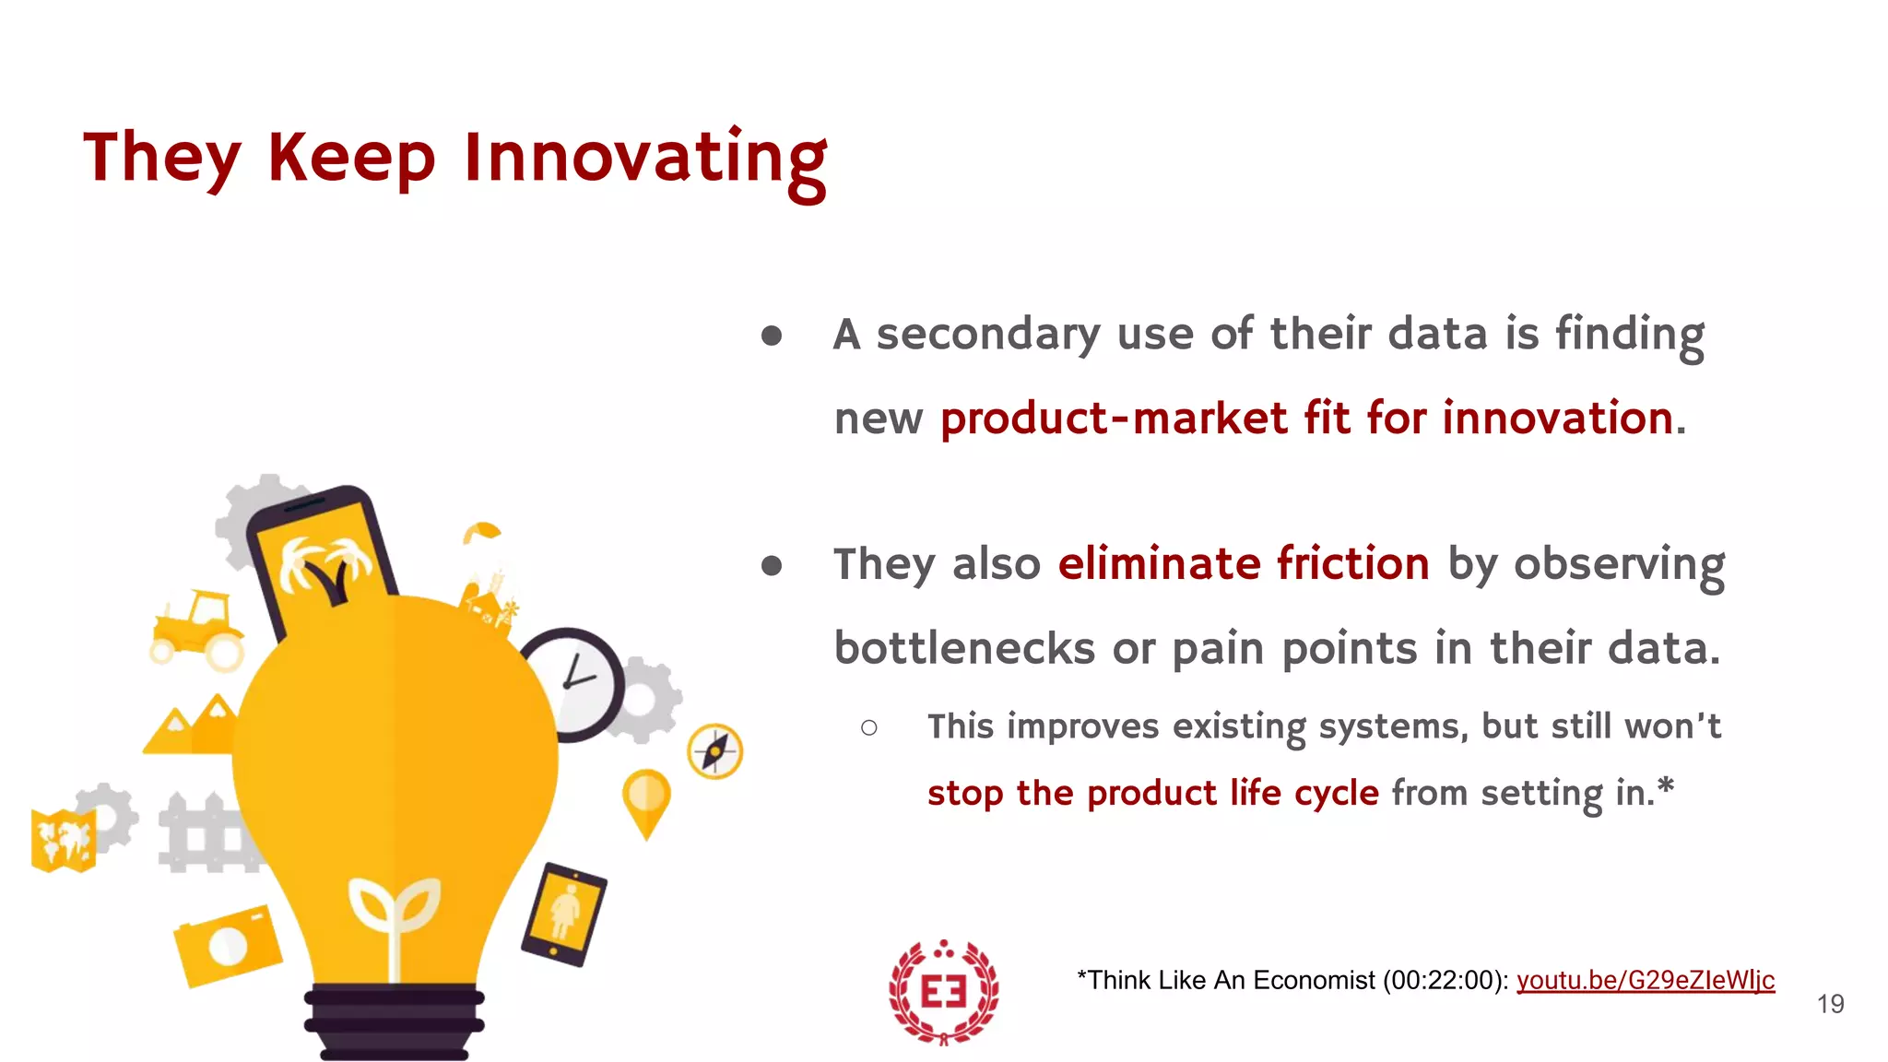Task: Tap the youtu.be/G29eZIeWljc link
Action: click(x=1645, y=980)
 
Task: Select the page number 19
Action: click(x=1830, y=1004)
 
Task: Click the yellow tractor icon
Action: click(x=197, y=628)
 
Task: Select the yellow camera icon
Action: click(x=228, y=945)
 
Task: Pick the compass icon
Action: click(x=715, y=751)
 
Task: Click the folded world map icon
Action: click(x=63, y=840)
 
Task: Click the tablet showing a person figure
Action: click(x=564, y=914)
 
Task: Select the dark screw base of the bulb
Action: click(x=394, y=1022)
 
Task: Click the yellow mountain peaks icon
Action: click(x=192, y=727)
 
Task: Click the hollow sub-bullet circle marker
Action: click(x=868, y=728)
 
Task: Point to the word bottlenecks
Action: click(x=964, y=649)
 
